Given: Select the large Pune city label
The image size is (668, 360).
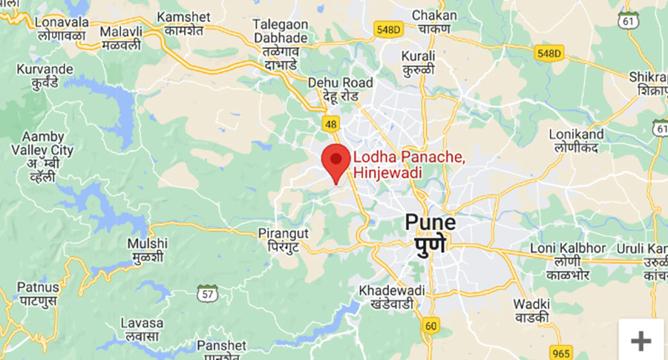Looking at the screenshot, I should point(430,232).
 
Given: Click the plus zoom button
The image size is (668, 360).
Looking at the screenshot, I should point(641,340).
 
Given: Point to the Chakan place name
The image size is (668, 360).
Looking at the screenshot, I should point(434,22).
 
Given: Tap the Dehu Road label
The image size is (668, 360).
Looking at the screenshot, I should point(340,89).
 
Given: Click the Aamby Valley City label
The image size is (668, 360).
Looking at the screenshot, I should point(48,156).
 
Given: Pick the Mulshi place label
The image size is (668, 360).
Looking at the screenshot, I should point(147,250).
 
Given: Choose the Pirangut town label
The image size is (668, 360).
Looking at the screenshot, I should point(283,240).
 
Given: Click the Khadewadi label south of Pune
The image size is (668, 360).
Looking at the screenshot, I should point(391,296).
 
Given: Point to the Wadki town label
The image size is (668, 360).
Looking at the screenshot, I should point(531,310).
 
